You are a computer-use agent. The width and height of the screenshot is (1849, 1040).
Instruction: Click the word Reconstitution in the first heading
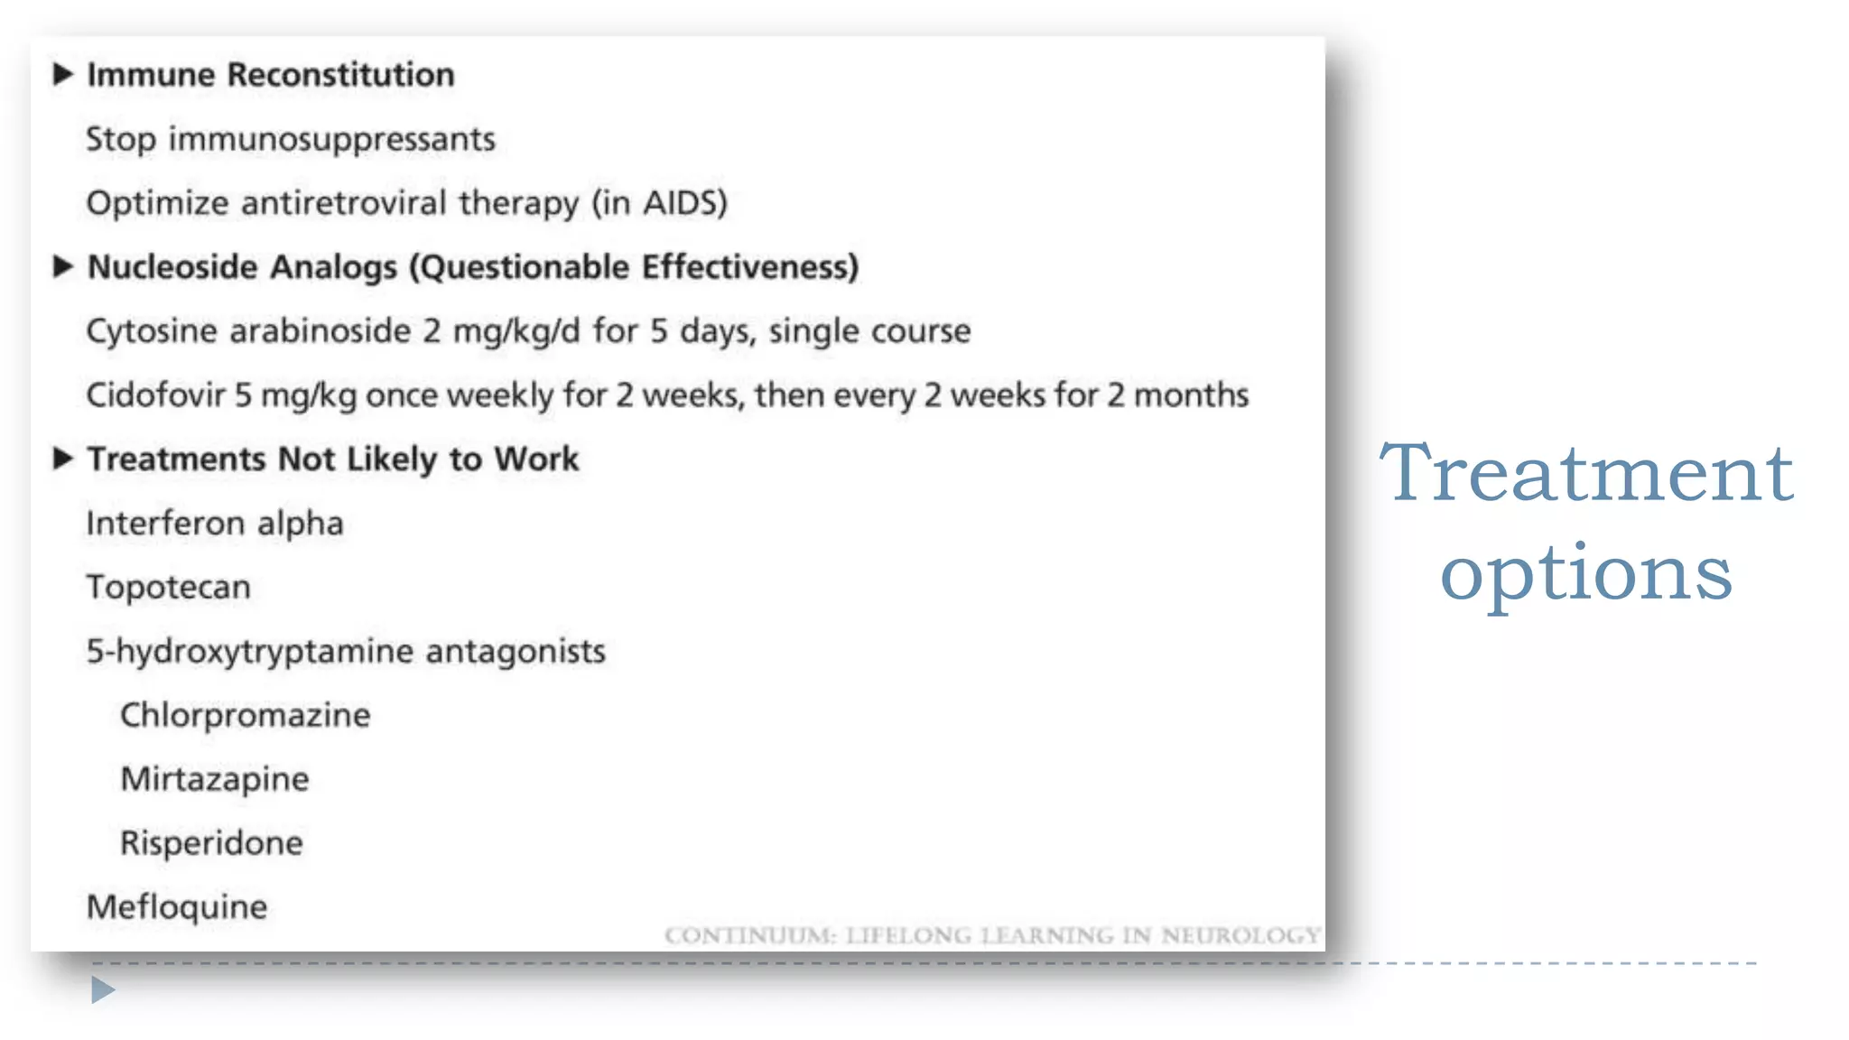(340, 75)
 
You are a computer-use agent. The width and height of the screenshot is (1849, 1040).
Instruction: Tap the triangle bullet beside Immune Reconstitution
(61, 74)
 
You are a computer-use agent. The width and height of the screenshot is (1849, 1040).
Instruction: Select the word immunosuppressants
(331, 140)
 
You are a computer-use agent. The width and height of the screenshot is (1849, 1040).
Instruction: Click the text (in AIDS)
(659, 203)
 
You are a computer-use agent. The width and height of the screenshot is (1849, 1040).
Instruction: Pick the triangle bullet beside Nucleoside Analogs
(61, 266)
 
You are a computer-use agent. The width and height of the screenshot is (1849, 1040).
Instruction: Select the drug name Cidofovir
(154, 395)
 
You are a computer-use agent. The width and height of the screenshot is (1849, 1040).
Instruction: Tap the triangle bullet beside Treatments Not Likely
(61, 459)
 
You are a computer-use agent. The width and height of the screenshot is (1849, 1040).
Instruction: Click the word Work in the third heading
(536, 460)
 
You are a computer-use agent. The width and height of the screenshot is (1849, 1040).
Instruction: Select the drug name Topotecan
(168, 588)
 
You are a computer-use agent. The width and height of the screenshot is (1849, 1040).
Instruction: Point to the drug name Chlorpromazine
(245, 716)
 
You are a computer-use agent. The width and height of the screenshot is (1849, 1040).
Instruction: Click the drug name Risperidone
(211, 843)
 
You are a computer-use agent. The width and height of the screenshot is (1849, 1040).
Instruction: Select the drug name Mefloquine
(177, 907)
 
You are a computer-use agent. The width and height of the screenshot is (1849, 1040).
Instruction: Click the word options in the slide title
(1585, 575)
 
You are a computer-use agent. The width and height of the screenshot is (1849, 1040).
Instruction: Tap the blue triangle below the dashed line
(102, 990)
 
